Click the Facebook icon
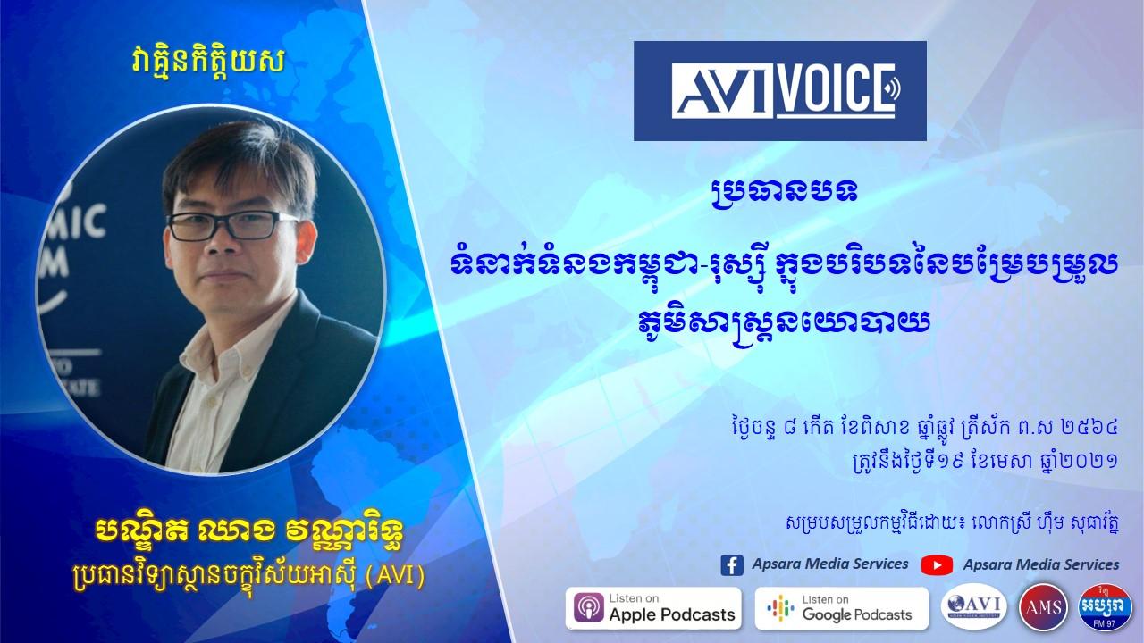pyautogui.click(x=732, y=565)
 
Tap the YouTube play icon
pyautogui.click(x=937, y=565)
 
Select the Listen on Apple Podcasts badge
pyautogui.click(x=653, y=608)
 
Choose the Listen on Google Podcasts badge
pyautogui.click(x=841, y=608)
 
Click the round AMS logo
pyautogui.click(x=1043, y=607)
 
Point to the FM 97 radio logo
pyautogui.click(x=1105, y=607)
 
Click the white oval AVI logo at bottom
pyautogui.click(x=974, y=606)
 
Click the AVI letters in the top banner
pyautogui.click(x=721, y=91)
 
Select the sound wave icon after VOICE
pyautogui.click(x=893, y=89)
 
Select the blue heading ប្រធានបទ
pyautogui.click(x=785, y=191)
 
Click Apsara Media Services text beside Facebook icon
pyautogui.click(x=830, y=564)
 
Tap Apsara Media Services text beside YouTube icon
pyautogui.click(x=1041, y=564)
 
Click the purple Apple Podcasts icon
pyautogui.click(x=588, y=608)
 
